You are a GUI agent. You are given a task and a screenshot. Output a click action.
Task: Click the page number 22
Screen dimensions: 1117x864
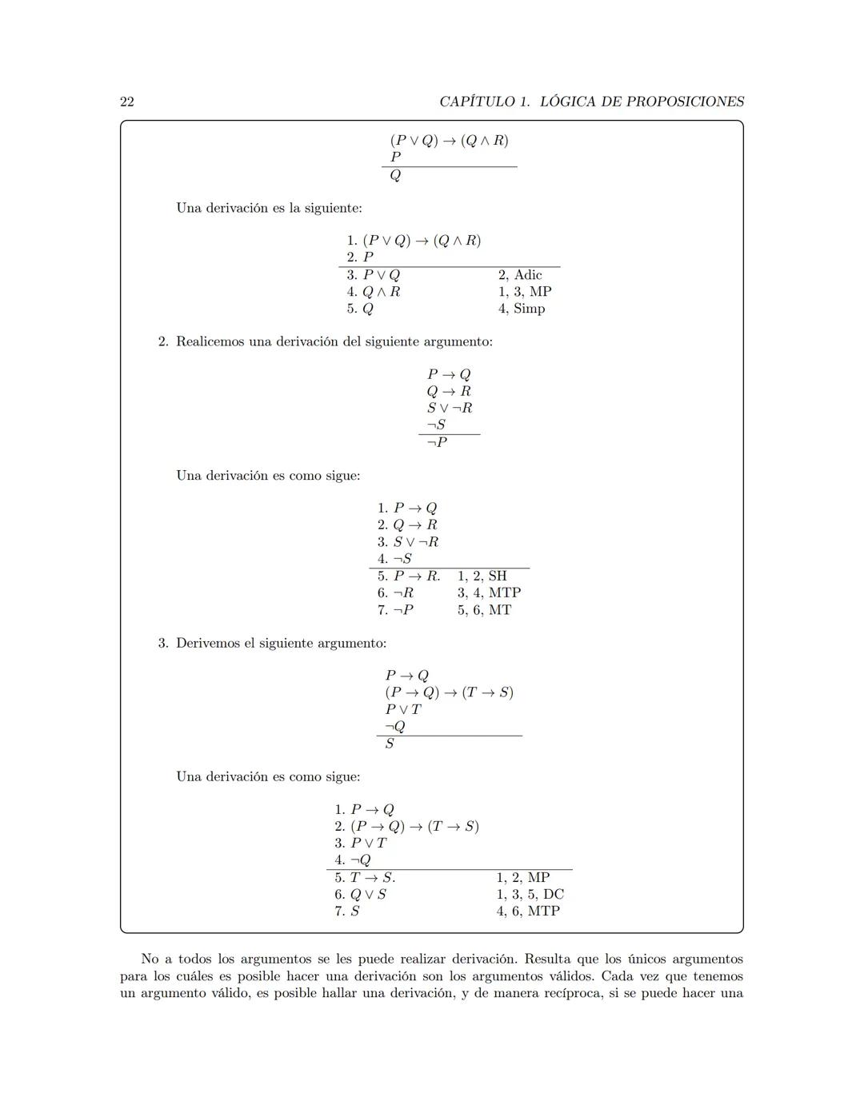127,102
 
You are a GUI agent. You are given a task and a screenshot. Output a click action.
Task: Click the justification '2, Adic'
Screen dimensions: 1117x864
520,275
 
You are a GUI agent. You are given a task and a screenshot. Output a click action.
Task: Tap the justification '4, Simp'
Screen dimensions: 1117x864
522,309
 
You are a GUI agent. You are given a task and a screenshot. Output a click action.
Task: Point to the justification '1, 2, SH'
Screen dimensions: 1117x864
482,576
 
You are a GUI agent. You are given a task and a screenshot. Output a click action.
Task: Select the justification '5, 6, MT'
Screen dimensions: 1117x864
484,610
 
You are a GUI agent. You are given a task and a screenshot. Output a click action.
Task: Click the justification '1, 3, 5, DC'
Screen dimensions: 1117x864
530,894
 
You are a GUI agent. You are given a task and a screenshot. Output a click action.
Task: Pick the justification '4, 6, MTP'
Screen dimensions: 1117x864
528,911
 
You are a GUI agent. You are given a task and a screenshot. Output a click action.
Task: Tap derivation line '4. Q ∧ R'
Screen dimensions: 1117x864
374,292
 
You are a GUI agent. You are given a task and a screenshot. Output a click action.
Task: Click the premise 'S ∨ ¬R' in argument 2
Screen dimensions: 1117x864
450,408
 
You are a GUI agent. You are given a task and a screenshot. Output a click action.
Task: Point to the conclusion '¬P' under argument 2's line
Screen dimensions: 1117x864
437,442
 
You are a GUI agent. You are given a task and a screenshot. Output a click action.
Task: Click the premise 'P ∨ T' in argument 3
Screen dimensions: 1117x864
403,709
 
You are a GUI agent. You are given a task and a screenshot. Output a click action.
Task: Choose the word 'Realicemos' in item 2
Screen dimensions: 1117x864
209,341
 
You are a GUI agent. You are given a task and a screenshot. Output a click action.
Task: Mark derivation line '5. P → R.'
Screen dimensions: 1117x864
409,576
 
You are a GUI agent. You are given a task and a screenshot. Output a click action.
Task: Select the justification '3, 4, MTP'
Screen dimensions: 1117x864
489,592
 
